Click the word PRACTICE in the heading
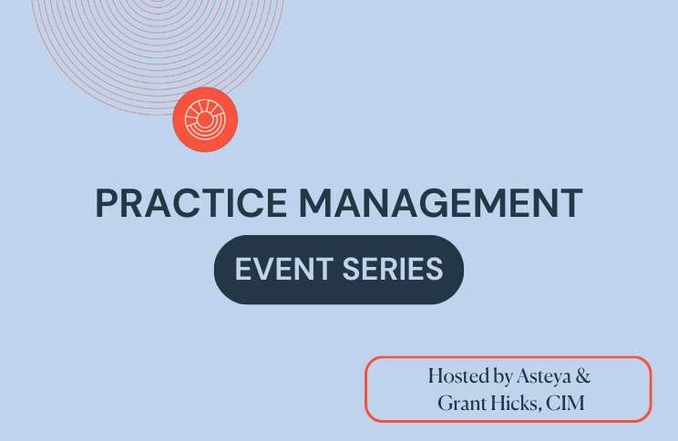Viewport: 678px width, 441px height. coord(190,203)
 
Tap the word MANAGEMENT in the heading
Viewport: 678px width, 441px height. coord(441,203)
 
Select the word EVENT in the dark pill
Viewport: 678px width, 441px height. coord(284,269)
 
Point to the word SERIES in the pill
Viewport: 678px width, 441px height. coord(393,269)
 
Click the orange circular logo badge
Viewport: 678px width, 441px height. coord(205,119)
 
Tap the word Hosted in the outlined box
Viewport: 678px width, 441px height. coord(459,375)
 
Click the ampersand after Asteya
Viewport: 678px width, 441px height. coord(583,375)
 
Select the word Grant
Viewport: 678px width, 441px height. coord(462,403)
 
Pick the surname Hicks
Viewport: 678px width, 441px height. coord(517,403)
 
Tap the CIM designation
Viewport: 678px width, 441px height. coord(565,403)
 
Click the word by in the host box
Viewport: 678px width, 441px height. coord(503,376)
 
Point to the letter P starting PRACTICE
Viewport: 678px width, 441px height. coord(107,203)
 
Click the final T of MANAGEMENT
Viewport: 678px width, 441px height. coord(570,203)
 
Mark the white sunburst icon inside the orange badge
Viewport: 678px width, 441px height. coord(205,119)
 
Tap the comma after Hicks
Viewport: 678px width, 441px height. coord(540,409)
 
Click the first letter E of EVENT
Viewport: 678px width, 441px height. coord(242,269)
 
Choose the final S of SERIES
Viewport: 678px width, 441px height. coord(435,269)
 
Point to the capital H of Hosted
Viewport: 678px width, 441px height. coord(437,375)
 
